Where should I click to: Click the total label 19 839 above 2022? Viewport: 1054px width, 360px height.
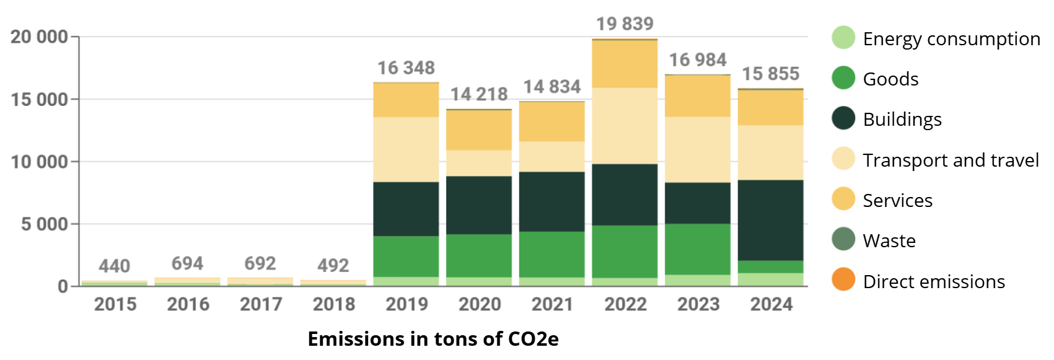click(x=625, y=24)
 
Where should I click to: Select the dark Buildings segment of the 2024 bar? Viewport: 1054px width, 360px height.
click(x=771, y=220)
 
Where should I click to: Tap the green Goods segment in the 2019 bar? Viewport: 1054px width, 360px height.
click(x=406, y=256)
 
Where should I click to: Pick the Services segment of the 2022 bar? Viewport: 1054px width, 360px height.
click(x=625, y=64)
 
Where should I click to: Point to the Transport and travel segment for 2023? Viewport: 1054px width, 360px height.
click(x=698, y=149)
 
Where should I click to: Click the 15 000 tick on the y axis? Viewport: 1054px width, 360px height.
click(x=40, y=99)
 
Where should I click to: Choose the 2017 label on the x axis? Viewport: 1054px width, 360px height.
click(x=261, y=304)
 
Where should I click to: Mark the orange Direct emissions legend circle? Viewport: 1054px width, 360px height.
click(x=843, y=280)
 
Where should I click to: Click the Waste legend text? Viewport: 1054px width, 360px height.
click(x=889, y=240)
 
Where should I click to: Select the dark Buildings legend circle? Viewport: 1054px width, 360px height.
click(x=843, y=118)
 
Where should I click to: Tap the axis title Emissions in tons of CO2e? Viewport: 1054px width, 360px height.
click(x=433, y=339)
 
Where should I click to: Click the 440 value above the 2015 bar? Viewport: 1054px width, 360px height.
click(x=115, y=266)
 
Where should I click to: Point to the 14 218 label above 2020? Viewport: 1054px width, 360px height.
click(x=479, y=94)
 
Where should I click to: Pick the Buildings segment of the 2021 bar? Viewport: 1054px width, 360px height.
click(x=552, y=201)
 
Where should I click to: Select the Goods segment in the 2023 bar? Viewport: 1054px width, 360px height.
click(x=698, y=249)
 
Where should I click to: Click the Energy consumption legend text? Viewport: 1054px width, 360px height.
click(x=951, y=38)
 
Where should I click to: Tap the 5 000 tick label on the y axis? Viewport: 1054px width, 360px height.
click(x=45, y=224)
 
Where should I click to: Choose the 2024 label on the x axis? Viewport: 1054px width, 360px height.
click(x=771, y=304)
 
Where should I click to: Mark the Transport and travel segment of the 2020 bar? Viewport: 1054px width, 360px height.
click(x=479, y=163)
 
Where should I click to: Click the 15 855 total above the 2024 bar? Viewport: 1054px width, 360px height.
click(x=771, y=74)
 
